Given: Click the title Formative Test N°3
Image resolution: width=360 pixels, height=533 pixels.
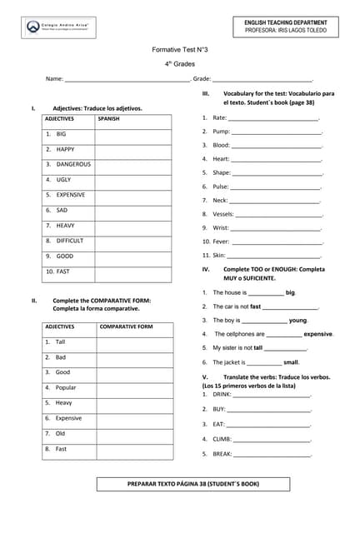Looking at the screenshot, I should tap(179, 50).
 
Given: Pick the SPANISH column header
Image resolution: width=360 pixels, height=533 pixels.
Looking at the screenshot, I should tap(108, 119).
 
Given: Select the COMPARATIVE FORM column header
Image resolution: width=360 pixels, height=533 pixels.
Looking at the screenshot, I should tap(126, 326).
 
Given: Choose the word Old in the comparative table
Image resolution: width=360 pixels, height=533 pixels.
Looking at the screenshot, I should tap(60, 433).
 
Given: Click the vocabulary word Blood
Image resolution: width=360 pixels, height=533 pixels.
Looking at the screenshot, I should tap(221, 145).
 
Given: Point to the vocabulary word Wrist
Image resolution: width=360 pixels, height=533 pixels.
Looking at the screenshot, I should tap(221, 227).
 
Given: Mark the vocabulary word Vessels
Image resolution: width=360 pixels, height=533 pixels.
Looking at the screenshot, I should tap(223, 214).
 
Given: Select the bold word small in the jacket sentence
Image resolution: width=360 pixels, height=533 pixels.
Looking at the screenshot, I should tap(291, 362).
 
